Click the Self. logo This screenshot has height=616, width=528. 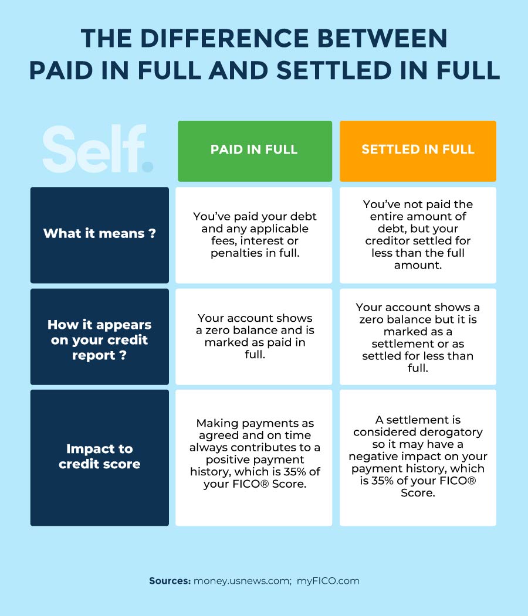(97, 149)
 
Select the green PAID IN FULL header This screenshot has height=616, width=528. (254, 149)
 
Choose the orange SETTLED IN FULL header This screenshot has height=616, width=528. (418, 149)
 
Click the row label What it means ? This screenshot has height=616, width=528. (99, 233)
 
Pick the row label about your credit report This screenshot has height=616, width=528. (99, 340)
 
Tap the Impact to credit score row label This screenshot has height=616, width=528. (99, 457)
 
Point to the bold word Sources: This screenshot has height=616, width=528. (170, 581)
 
